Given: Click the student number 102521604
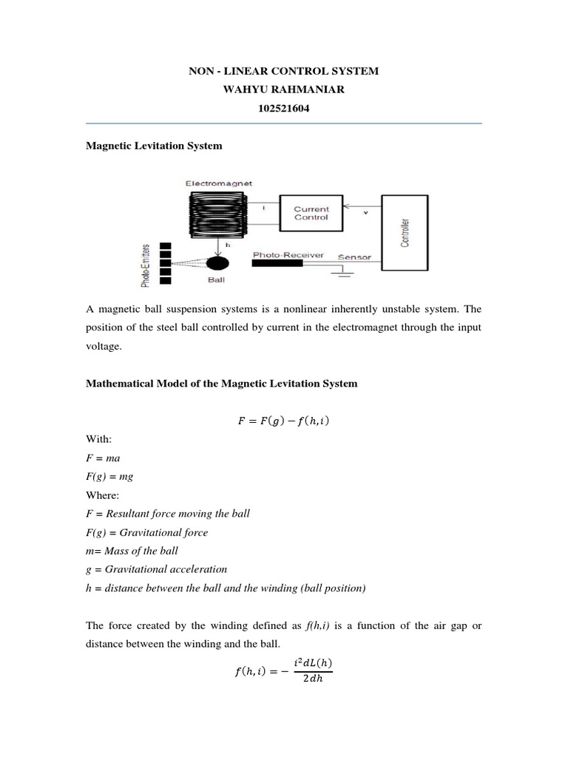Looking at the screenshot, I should pos(284,107).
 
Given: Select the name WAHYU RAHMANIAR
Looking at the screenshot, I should pos(284,89).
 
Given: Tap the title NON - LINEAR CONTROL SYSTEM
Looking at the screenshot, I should pos(284,71).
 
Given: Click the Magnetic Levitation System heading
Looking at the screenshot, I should pos(154,146).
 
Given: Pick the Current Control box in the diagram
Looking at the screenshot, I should pos(311,213).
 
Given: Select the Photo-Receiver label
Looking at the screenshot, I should pos(288,254).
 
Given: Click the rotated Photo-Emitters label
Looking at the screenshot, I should pos(146,264).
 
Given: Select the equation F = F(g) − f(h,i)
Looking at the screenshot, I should pos(284,422).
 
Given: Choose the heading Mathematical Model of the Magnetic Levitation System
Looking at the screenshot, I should pos(222,384).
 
